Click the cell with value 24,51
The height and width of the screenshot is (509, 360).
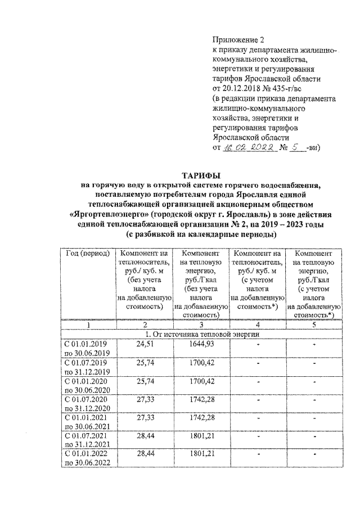(x=145, y=344)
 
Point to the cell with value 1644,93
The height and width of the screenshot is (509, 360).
(x=201, y=344)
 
